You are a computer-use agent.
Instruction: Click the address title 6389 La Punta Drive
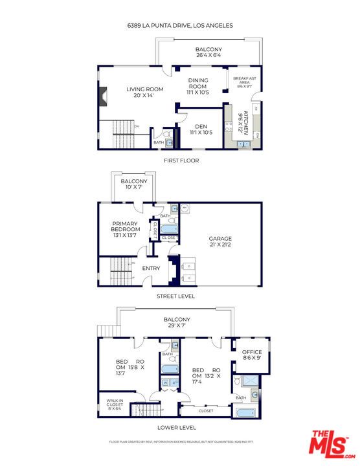coord(179,26)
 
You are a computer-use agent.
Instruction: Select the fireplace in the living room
coord(102,96)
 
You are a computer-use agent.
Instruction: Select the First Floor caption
coord(181,161)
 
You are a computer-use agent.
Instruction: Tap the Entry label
coord(151,267)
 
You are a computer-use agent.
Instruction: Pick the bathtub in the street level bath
coord(170,228)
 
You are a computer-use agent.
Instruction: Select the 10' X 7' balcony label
coord(135,185)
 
